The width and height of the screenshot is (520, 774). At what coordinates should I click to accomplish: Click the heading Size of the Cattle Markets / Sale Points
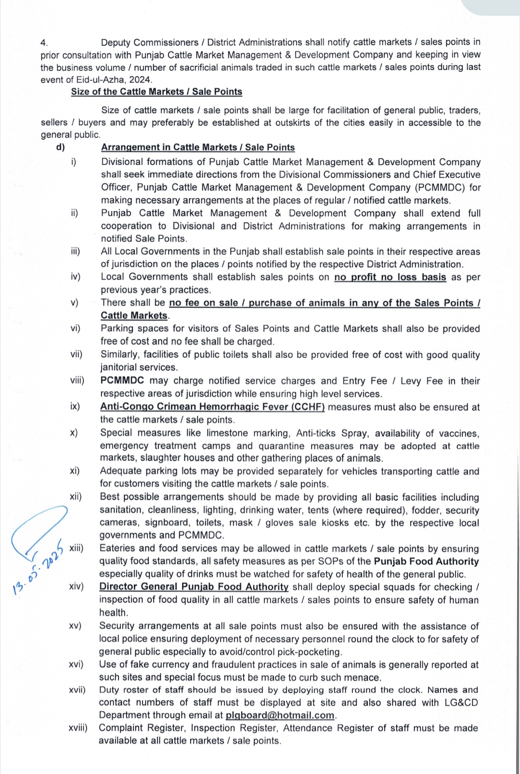tap(156, 92)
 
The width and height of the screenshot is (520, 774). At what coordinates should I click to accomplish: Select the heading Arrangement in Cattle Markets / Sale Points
tap(198, 147)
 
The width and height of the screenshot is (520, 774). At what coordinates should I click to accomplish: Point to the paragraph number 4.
tap(44, 42)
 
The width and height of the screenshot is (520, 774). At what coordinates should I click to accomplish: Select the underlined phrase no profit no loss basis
tap(390, 277)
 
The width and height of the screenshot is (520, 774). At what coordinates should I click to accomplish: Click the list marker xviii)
tap(78, 728)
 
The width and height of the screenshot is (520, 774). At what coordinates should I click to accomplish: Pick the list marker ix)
tap(75, 406)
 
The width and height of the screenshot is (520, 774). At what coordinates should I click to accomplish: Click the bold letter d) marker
tap(61, 147)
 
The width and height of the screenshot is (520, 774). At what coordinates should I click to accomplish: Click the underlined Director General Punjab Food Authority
tap(194, 587)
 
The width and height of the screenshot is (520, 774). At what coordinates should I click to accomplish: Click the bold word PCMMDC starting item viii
tap(122, 381)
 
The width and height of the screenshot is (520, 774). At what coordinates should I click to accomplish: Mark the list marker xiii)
tap(76, 548)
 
